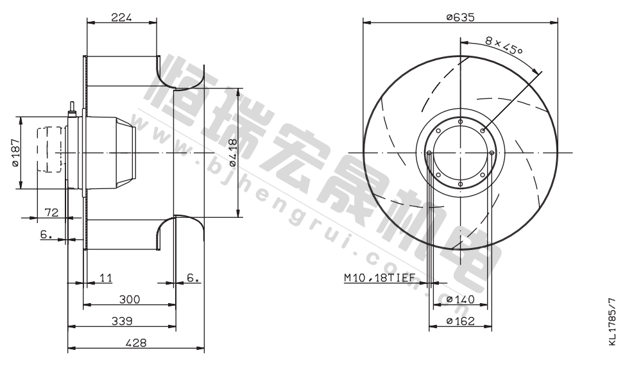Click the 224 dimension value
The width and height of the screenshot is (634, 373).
(x=122, y=17)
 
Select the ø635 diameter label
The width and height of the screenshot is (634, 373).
(x=460, y=17)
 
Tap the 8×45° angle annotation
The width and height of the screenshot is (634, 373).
(x=504, y=46)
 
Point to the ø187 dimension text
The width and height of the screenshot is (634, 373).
(x=16, y=153)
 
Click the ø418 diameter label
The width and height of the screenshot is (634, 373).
(x=232, y=153)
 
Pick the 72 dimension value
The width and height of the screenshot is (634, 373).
(x=51, y=212)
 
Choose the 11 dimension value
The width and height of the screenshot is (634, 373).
(x=105, y=278)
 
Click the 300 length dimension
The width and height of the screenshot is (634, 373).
(x=130, y=299)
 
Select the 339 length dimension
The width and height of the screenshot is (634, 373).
(x=122, y=321)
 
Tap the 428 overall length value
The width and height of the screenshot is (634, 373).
(x=136, y=343)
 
